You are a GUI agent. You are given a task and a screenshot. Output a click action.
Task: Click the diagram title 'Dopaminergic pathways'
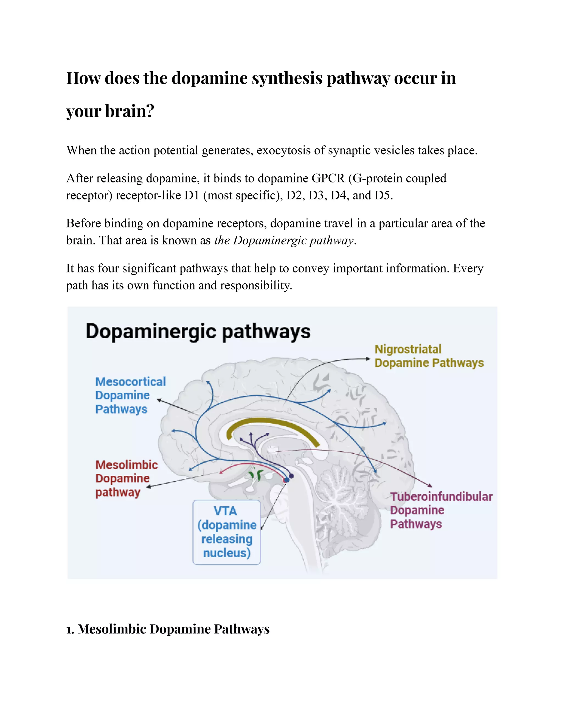pyautogui.click(x=198, y=332)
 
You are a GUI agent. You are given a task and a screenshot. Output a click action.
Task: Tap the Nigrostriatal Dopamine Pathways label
pyautogui.click(x=429, y=356)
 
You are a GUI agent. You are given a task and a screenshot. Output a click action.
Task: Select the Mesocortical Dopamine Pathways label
pyautogui.click(x=130, y=395)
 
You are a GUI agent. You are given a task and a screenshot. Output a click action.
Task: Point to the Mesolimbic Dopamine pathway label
pyautogui.click(x=126, y=478)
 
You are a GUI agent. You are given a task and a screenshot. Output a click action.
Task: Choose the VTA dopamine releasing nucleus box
pyautogui.click(x=227, y=532)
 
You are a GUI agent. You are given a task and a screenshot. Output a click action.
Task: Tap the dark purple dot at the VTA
pyautogui.click(x=291, y=476)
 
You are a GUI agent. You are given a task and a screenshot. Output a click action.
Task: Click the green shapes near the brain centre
pyautogui.click(x=257, y=474)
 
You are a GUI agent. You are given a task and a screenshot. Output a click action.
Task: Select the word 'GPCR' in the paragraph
pyautogui.click(x=328, y=178)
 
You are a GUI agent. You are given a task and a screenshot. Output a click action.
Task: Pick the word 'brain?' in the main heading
pyautogui.click(x=130, y=111)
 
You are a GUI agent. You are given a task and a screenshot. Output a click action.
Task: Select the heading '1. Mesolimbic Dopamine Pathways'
pyautogui.click(x=168, y=629)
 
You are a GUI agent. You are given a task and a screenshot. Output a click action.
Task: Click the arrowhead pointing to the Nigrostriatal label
pyautogui.click(x=368, y=359)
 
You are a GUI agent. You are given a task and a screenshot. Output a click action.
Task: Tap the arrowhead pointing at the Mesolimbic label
pyautogui.click(x=149, y=487)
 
